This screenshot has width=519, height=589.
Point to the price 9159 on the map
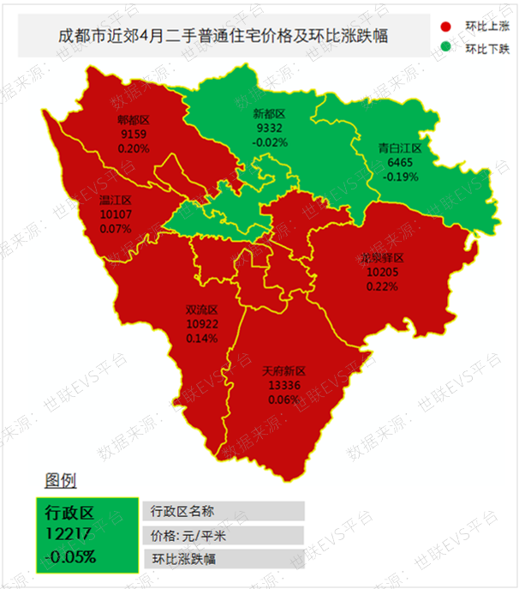134,135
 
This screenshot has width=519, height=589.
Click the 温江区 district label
115,201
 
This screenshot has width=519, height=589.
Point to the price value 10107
115,215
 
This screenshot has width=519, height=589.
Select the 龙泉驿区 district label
381,259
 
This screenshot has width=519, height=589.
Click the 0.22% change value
381,286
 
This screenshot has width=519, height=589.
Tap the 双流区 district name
202,310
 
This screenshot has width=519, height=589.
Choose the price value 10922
202,324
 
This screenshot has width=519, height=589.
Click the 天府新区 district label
283,372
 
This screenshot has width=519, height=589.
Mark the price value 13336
283,386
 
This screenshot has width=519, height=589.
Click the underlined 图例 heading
61,479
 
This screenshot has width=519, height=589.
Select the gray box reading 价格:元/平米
223,536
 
